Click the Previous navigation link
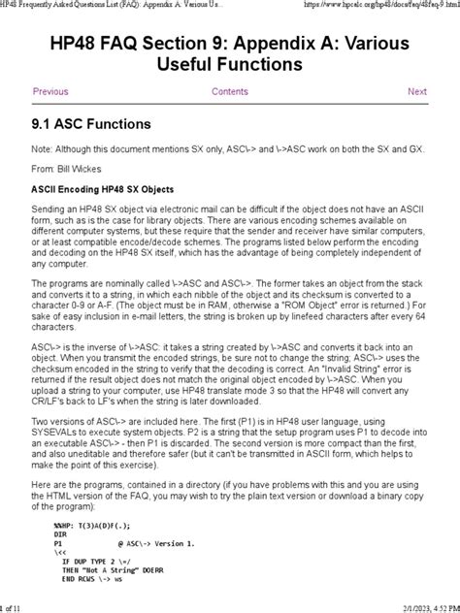(x=50, y=91)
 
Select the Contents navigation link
(x=230, y=91)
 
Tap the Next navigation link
(x=416, y=91)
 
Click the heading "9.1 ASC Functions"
(x=91, y=124)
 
